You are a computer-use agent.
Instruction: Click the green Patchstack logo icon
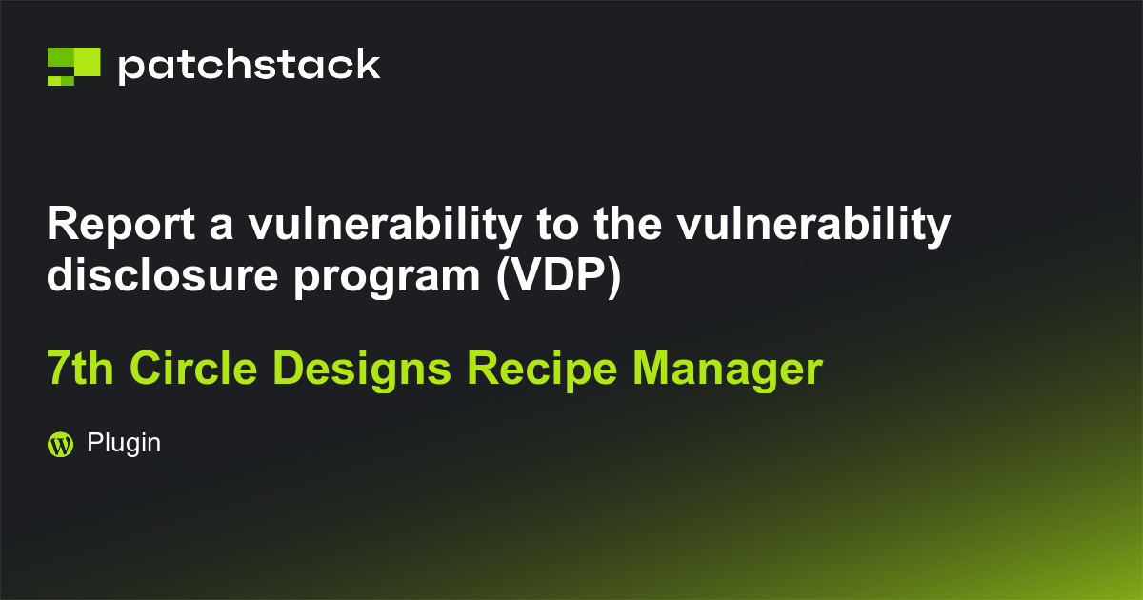pos(73,66)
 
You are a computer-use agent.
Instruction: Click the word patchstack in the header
pos(249,66)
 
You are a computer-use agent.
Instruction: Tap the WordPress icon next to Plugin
pos(60,444)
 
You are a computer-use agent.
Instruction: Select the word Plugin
pos(124,443)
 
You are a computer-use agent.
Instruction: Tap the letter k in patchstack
pos(367,66)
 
